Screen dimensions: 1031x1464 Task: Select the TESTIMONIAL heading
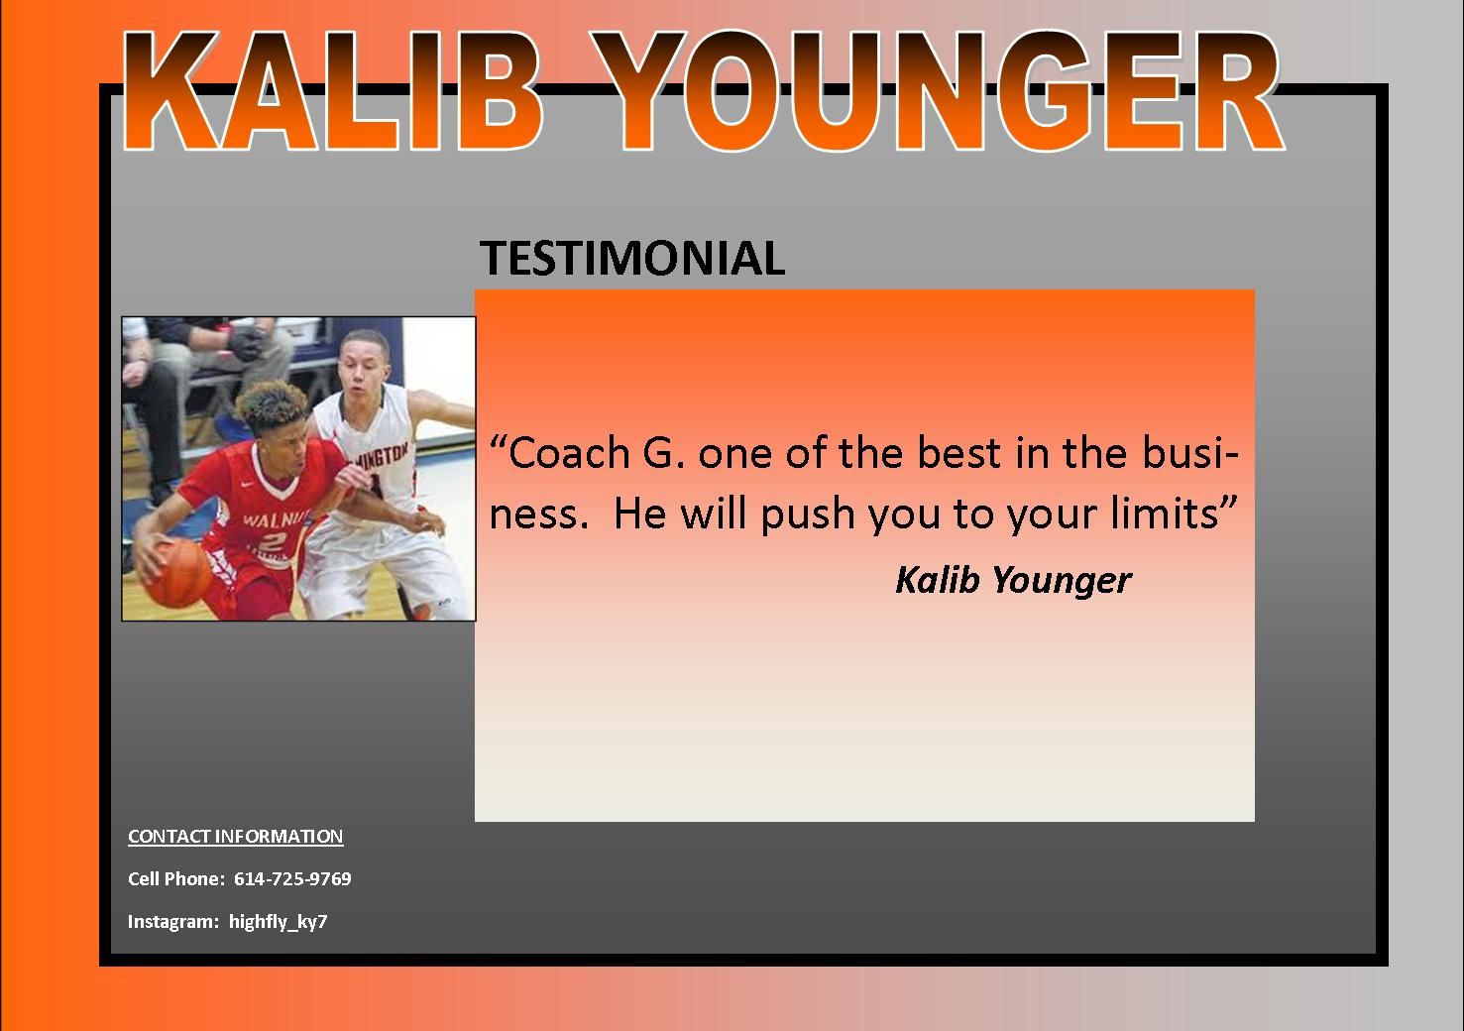click(632, 258)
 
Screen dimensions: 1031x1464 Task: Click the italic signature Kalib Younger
click(1012, 579)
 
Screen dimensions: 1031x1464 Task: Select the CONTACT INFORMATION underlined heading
click(236, 836)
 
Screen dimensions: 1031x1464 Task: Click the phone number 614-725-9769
click(292, 878)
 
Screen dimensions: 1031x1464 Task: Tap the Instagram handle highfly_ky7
click(278, 921)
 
